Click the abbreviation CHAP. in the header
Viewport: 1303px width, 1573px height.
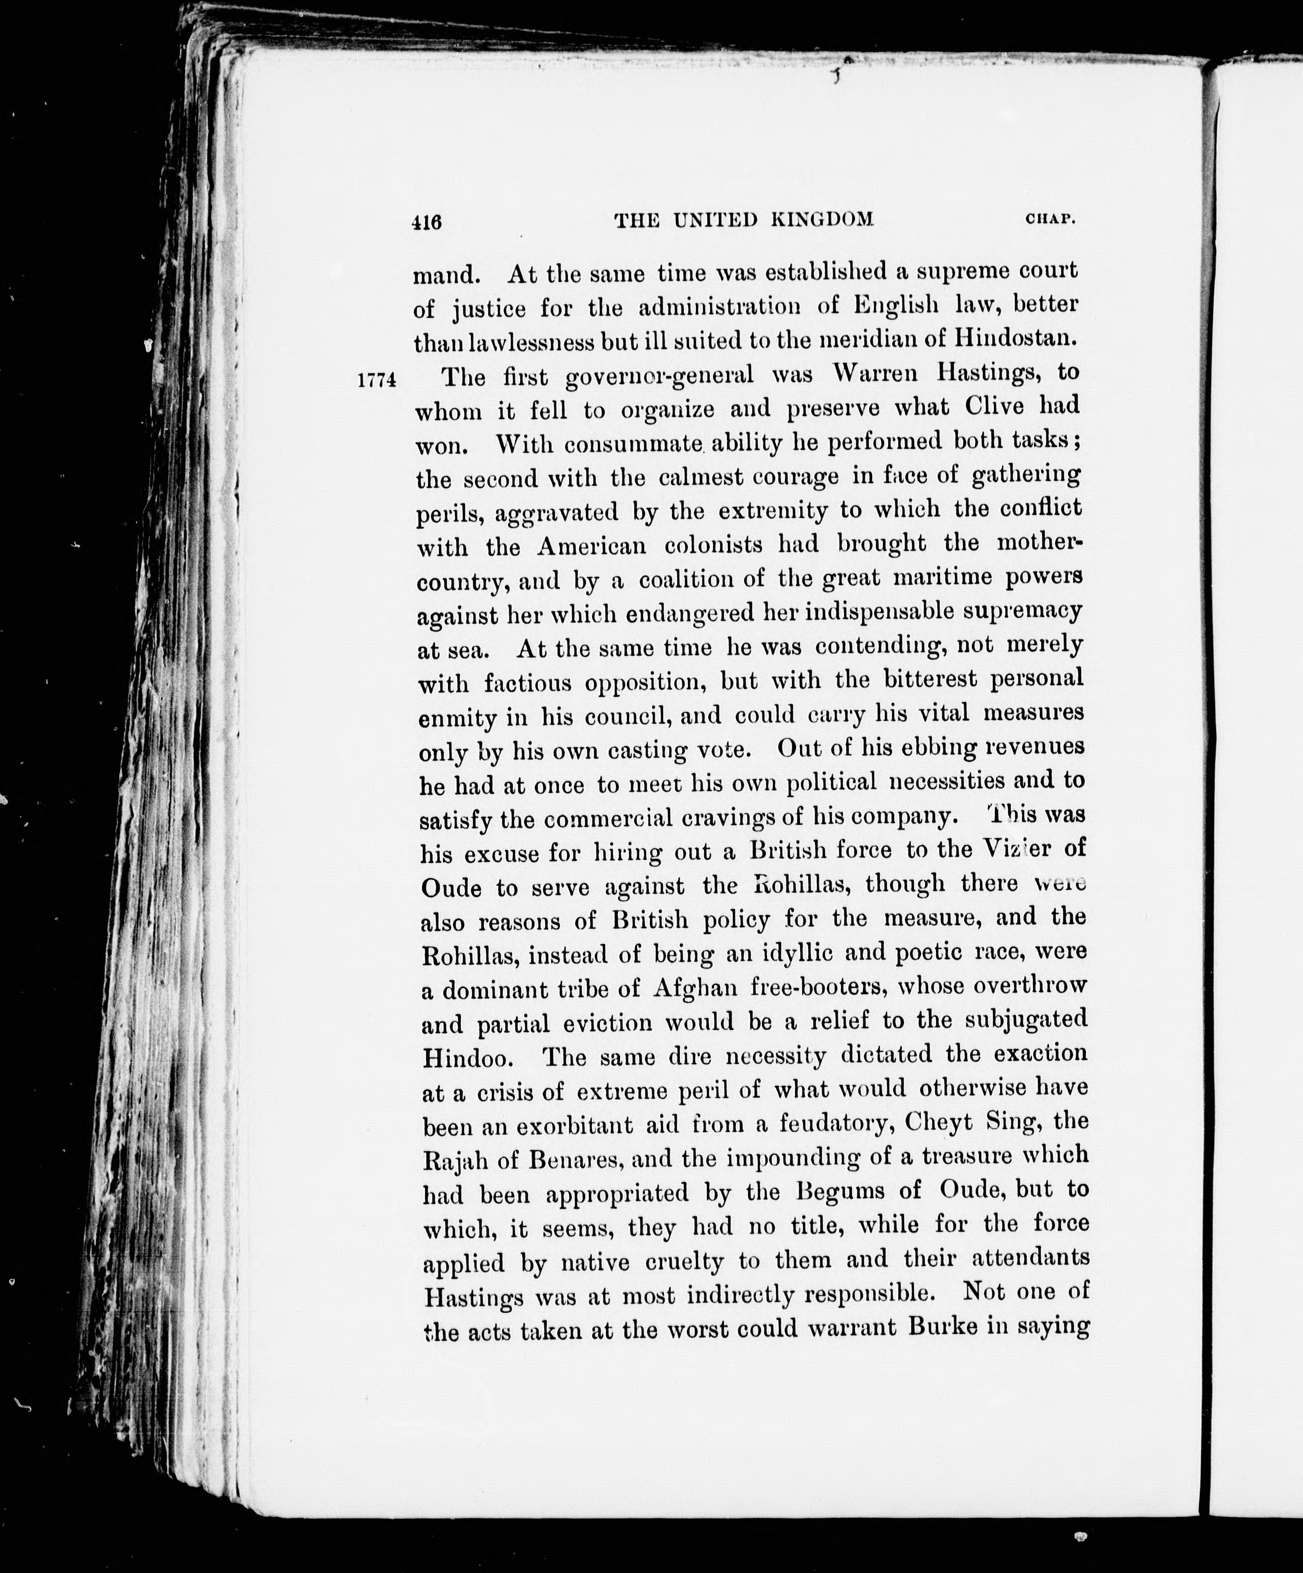[x=1050, y=220]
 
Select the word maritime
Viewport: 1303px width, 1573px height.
[x=941, y=578]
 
